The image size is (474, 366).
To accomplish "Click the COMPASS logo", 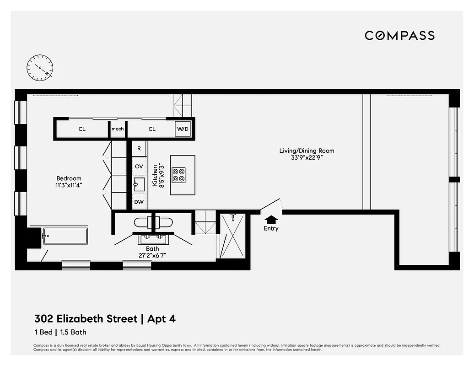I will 399,36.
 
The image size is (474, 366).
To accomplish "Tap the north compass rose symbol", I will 40,68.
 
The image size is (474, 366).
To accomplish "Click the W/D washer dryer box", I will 183,129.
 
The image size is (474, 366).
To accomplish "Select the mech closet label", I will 118,129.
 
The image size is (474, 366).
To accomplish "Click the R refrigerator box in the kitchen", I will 139,148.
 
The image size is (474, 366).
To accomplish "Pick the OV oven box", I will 139,166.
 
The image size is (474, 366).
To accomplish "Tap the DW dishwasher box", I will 139,201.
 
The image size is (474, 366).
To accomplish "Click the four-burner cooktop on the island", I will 178,175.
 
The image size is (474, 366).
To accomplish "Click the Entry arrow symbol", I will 271,220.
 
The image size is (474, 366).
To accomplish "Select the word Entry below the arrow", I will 271,229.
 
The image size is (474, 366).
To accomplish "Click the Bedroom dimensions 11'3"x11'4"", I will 69,185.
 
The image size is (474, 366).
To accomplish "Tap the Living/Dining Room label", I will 307,151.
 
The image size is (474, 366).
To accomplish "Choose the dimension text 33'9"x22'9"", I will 307,158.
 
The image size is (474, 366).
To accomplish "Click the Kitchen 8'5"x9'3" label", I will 158,175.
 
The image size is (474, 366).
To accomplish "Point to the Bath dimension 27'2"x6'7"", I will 152,256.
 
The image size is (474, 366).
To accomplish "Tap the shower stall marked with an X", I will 232,236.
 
